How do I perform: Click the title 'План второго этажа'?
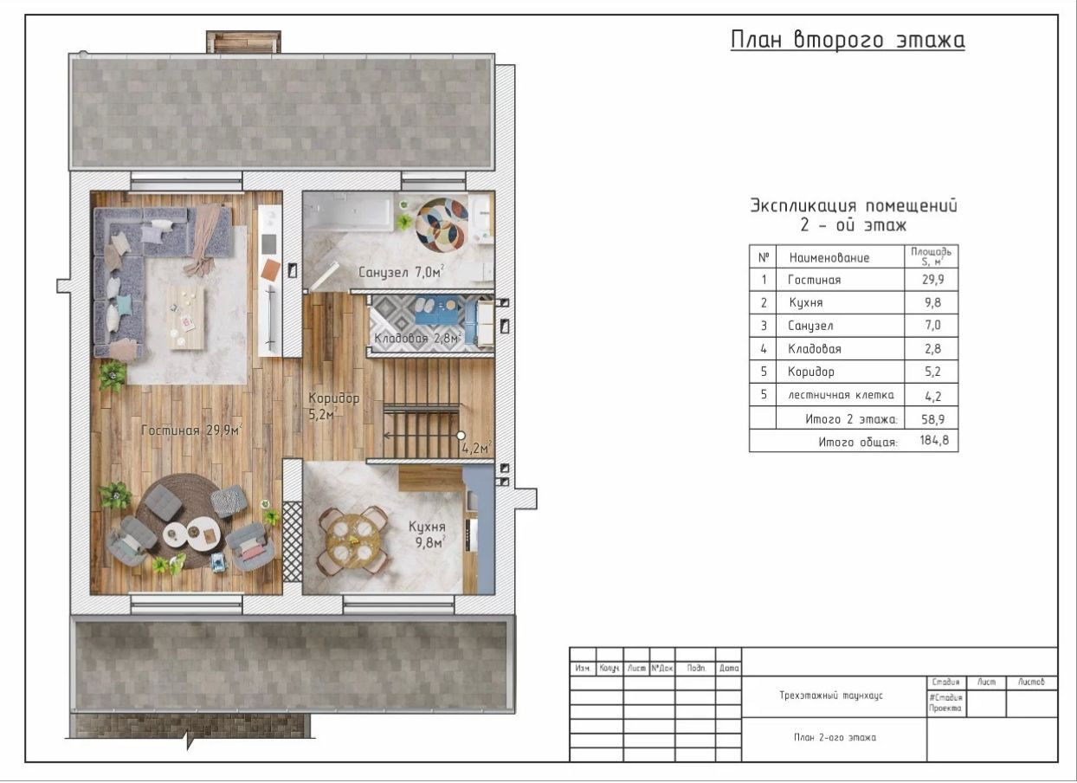848,40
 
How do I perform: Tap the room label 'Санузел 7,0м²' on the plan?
401,272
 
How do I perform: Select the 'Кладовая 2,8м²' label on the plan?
418,338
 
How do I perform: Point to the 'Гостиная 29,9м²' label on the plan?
191,430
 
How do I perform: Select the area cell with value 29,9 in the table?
932,280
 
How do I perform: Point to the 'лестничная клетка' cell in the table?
841,395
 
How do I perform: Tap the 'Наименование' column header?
829,258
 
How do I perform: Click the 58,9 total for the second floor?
932,419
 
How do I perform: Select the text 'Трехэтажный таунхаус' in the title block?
831,696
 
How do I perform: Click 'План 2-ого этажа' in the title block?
835,737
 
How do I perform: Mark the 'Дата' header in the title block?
729,668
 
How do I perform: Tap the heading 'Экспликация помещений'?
854,206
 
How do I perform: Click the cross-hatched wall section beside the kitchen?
292,541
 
